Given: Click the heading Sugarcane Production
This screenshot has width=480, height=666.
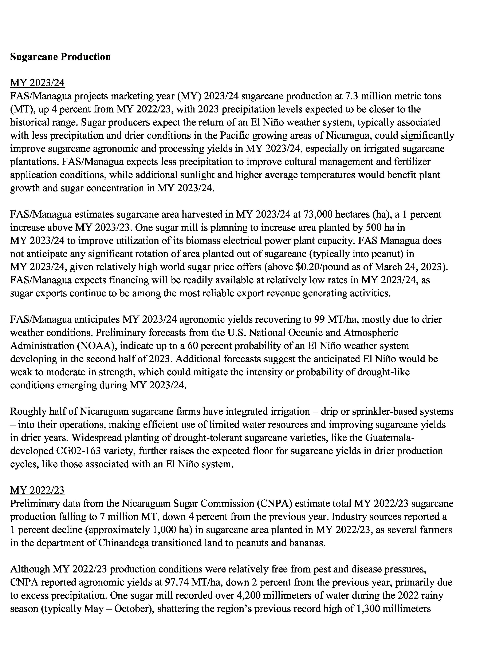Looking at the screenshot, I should (x=60, y=57).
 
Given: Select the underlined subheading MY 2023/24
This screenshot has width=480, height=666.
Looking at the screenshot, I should (x=37, y=83).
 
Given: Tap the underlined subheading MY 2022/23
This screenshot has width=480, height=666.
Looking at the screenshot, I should (x=37, y=490).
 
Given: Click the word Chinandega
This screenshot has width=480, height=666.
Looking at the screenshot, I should (x=123, y=543).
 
